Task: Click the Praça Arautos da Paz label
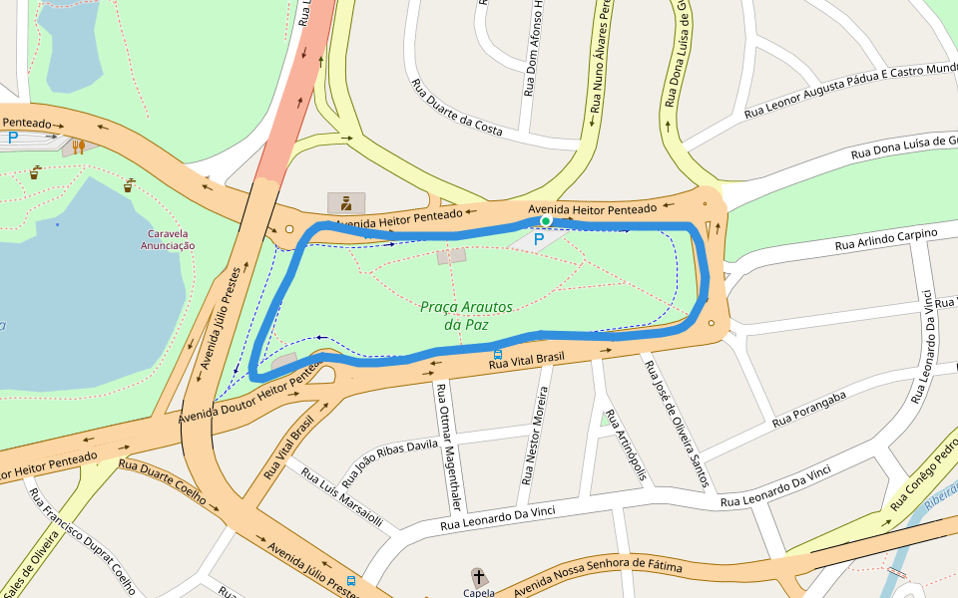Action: [466, 316]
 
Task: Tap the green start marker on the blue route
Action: [546, 221]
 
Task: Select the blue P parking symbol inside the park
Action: [539, 239]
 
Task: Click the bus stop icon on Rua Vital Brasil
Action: [497, 354]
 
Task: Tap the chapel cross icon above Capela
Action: [479, 576]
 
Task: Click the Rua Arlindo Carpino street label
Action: [886, 239]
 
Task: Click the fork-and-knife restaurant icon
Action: [78, 148]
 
